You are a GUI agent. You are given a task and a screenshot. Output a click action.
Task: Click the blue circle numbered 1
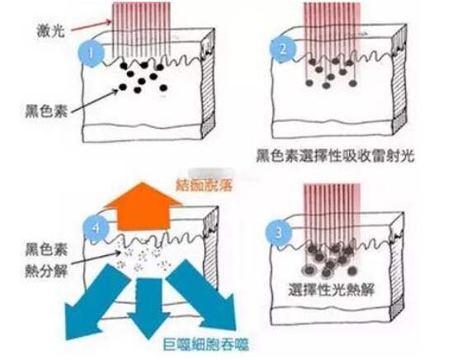tap(91, 54)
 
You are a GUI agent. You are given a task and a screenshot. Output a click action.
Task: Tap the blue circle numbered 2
tap(282, 50)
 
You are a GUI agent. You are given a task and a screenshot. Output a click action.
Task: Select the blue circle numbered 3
tap(279, 233)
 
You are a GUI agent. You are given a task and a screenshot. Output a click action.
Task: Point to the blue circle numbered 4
tap(97, 229)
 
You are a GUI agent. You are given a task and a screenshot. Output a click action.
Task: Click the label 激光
tap(51, 31)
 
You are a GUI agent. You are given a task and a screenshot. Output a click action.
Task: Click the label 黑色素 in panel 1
tap(46, 111)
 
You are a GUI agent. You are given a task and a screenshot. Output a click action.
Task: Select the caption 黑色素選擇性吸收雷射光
tap(335, 155)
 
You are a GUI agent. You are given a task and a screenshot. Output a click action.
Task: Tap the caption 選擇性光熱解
tap(331, 289)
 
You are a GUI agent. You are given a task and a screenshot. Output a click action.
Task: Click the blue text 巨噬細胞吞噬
tap(205, 344)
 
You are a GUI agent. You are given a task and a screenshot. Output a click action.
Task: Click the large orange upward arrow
tap(143, 207)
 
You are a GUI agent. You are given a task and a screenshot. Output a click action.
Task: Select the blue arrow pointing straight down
tap(149, 308)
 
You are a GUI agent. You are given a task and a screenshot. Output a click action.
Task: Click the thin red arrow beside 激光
tap(91, 25)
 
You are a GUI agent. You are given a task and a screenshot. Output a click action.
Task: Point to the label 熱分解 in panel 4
tap(46, 272)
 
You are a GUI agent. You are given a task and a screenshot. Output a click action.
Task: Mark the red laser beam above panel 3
tap(333, 220)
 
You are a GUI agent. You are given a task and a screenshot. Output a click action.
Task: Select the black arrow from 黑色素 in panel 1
tap(94, 102)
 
